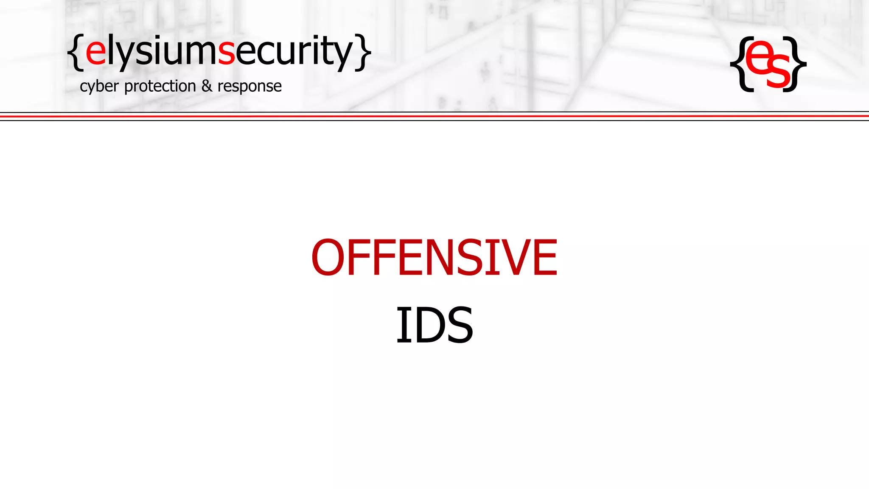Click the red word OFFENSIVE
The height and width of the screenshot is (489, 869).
pyautogui.click(x=434, y=257)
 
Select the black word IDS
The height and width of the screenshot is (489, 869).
pyautogui.click(x=434, y=325)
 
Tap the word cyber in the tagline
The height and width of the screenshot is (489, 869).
pyautogui.click(x=99, y=87)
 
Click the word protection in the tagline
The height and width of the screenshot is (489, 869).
pyautogui.click(x=160, y=87)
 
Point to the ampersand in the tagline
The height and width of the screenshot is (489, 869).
pyautogui.click(x=207, y=86)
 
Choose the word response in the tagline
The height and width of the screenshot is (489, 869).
pyautogui.click(x=249, y=87)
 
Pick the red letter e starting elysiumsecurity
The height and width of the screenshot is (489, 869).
pyautogui.click(x=96, y=52)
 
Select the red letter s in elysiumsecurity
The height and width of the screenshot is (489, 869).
pyautogui.click(x=226, y=52)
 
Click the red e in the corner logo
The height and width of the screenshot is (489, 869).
pyautogui.click(x=758, y=57)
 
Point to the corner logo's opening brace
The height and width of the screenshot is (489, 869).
pyautogui.click(x=740, y=64)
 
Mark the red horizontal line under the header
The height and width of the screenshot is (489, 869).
pyautogui.click(x=434, y=116)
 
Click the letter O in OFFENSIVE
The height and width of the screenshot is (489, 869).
pyautogui.click(x=329, y=257)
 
